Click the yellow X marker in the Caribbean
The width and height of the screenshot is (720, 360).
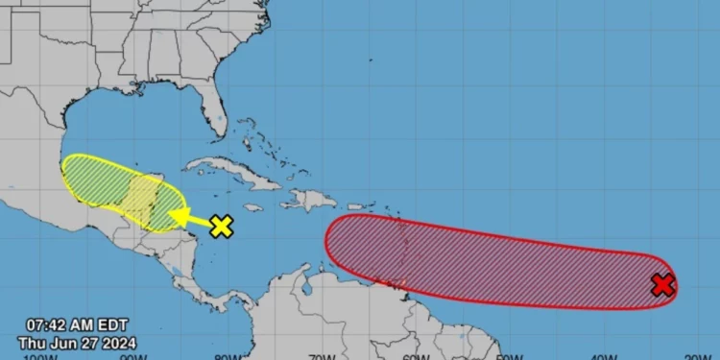pos(222,227)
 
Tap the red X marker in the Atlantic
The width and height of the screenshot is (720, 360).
pos(662,284)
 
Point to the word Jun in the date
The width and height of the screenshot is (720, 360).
pos(60,343)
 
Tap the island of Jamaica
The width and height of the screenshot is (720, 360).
pos(252,206)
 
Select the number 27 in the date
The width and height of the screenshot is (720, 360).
pos(84,343)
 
